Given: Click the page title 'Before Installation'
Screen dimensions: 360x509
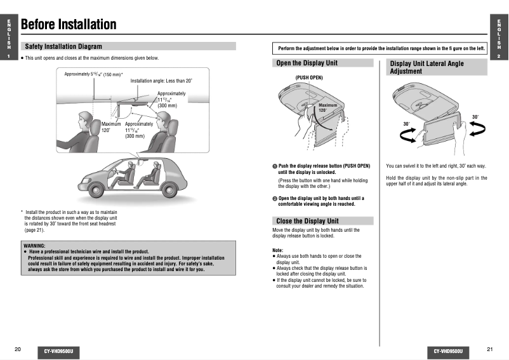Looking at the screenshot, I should pyautogui.click(x=69, y=25).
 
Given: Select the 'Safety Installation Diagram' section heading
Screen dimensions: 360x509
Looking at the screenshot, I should pyautogui.click(x=63, y=46).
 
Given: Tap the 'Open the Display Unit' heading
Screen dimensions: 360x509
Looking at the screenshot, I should pyautogui.click(x=307, y=63).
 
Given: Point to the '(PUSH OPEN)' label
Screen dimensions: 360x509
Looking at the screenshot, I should pyautogui.click(x=310, y=77).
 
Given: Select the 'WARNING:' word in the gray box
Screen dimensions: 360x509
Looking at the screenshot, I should pyautogui.click(x=34, y=245).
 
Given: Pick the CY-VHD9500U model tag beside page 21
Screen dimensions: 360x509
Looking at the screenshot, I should pyautogui.click(x=448, y=350).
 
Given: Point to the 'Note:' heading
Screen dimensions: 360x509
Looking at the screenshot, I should pyautogui.click(x=278, y=250).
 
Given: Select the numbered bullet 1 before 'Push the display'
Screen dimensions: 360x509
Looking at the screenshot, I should pyautogui.click(x=275, y=166).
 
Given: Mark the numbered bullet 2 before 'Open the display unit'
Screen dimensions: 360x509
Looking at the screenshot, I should pyautogui.click(x=275, y=198).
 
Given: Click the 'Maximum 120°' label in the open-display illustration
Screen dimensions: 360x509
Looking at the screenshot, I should pyautogui.click(x=327, y=107).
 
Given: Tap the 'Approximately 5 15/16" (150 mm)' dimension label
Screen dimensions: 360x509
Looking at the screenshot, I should pyautogui.click(x=93, y=74).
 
